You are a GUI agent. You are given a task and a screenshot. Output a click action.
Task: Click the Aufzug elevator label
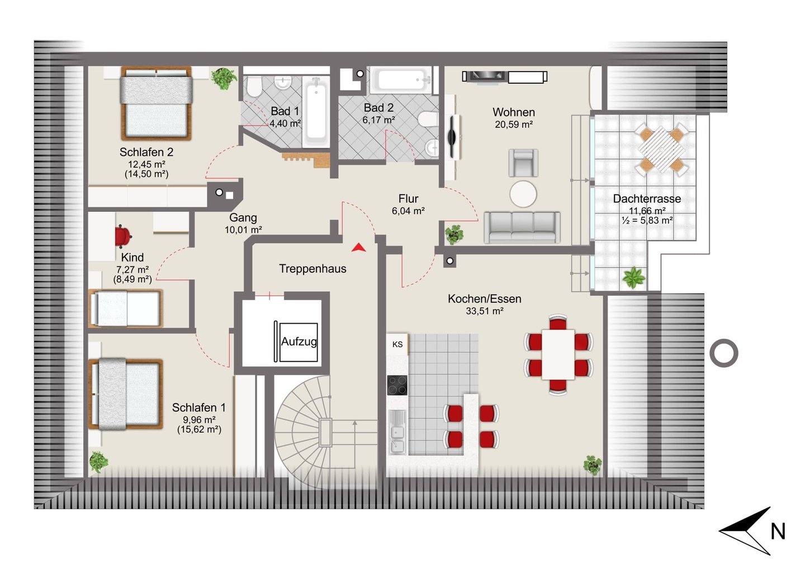(299, 342)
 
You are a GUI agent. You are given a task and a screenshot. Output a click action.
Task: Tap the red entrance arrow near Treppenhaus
(358, 248)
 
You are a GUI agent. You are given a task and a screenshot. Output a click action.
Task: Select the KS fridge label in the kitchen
(397, 344)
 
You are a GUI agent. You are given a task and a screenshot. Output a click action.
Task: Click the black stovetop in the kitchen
(397, 385)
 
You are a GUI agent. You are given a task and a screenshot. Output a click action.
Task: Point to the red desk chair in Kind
(123, 237)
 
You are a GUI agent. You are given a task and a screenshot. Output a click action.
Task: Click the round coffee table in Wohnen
(523, 194)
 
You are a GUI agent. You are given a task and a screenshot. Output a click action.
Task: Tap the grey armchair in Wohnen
(523, 163)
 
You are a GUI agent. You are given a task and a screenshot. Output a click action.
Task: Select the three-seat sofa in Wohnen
(522, 227)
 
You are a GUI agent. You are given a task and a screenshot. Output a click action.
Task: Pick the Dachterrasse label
(647, 198)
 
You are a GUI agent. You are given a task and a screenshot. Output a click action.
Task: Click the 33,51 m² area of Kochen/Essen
(485, 311)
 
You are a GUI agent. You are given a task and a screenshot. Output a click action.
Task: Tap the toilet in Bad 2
(428, 119)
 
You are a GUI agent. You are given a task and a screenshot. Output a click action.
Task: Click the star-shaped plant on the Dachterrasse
(633, 277)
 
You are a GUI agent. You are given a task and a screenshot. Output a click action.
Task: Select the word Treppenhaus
(312, 269)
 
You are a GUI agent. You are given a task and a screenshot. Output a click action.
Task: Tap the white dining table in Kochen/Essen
(558, 354)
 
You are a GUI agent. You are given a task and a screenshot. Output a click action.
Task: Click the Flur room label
(408, 198)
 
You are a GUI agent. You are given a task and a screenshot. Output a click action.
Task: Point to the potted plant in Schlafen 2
(224, 78)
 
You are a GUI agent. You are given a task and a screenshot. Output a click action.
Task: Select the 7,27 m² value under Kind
(132, 269)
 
